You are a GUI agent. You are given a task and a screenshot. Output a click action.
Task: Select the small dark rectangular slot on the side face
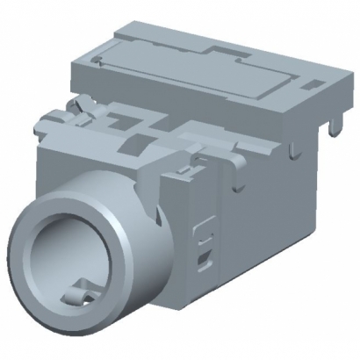(x=205, y=258)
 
